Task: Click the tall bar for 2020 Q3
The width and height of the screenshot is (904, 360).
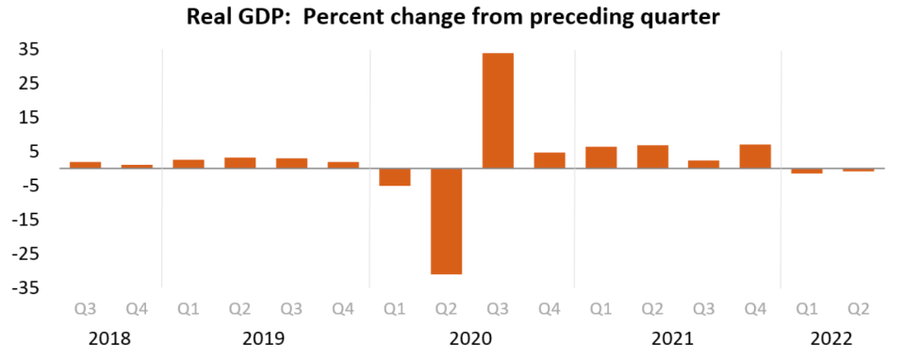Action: click(498, 110)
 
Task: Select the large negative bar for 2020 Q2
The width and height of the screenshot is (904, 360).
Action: click(446, 221)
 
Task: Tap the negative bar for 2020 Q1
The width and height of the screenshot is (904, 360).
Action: click(394, 177)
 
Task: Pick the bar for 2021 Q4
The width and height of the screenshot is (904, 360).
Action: click(755, 156)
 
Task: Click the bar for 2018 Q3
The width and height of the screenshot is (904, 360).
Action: click(86, 165)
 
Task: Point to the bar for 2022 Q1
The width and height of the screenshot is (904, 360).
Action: click(807, 171)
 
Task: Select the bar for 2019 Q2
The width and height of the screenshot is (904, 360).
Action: click(239, 163)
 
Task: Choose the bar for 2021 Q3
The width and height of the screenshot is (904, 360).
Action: click(703, 164)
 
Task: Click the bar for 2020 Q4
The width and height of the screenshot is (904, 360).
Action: click(550, 160)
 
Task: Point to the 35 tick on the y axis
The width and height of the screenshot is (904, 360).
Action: click(29, 50)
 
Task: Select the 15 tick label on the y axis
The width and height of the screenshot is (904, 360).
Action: click(29, 118)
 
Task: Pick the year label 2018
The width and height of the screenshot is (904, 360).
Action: click(110, 338)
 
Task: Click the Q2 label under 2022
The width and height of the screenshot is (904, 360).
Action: click(859, 310)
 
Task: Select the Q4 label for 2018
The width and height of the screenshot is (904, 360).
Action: click(138, 310)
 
